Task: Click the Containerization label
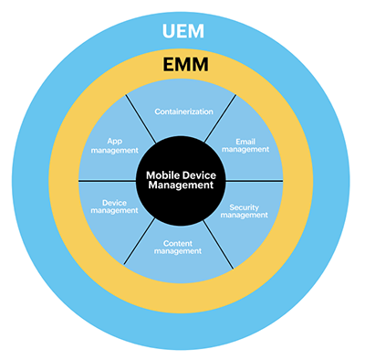pyautogui.click(x=182, y=111)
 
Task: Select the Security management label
pyautogui.click(x=247, y=210)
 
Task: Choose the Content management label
pyautogui.click(x=182, y=248)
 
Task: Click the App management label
pyautogui.click(x=115, y=146)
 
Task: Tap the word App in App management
pyautogui.click(x=115, y=141)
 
